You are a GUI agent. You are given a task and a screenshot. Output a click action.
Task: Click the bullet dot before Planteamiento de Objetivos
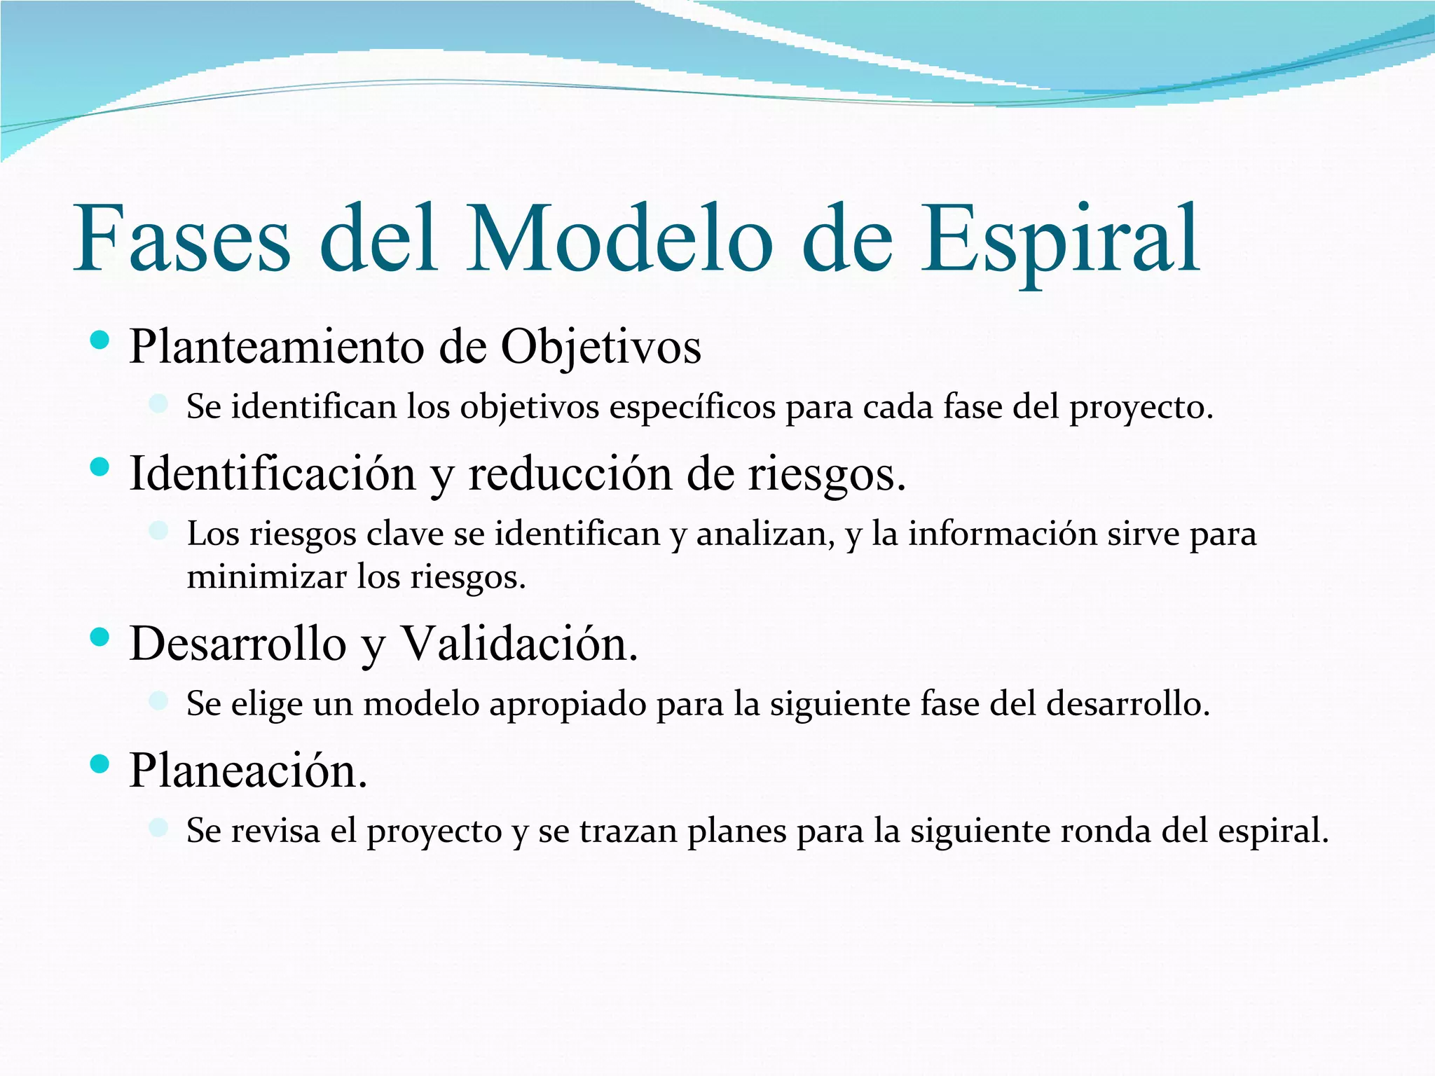coord(100,341)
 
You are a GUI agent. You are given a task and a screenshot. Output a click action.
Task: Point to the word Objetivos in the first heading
coord(600,347)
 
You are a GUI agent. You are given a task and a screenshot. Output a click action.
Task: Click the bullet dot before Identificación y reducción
coord(100,467)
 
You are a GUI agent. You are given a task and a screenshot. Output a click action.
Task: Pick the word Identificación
coord(273,474)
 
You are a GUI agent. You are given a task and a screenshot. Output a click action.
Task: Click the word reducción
coord(571,474)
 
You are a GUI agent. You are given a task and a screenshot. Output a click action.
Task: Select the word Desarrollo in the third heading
coord(238,644)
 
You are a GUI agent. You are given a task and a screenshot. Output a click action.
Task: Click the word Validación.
coord(519,644)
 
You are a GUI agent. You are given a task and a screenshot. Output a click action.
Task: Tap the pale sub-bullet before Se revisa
coord(159,827)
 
